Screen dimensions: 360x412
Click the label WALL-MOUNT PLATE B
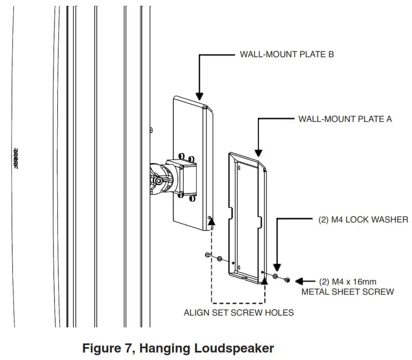287,54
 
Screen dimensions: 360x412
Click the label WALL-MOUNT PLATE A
345,119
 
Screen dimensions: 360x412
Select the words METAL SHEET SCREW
347,292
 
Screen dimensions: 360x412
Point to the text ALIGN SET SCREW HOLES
239,312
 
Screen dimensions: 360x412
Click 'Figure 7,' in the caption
106,348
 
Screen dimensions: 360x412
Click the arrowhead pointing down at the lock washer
277,267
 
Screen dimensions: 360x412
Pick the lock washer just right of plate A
275,277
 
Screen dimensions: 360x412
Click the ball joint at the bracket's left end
159,180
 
